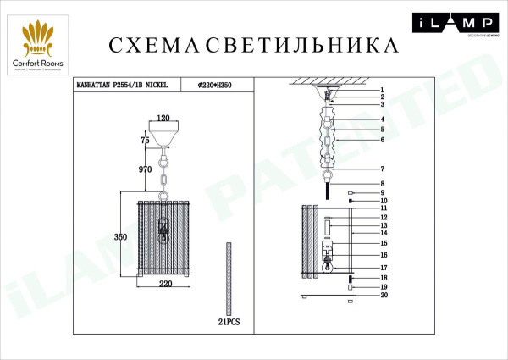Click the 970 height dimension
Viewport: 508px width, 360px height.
[x=144, y=169]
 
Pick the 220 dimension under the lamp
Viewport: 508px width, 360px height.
[x=164, y=286]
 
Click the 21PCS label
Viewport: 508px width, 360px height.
[x=229, y=323]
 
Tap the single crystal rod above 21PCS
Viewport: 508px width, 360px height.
[x=229, y=279]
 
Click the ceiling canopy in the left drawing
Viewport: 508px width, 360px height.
[x=164, y=132]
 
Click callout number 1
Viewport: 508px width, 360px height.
[x=383, y=90]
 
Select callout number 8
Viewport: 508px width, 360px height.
[x=383, y=184]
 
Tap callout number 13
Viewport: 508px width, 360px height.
[x=383, y=225]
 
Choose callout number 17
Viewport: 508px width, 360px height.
[x=383, y=267]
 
